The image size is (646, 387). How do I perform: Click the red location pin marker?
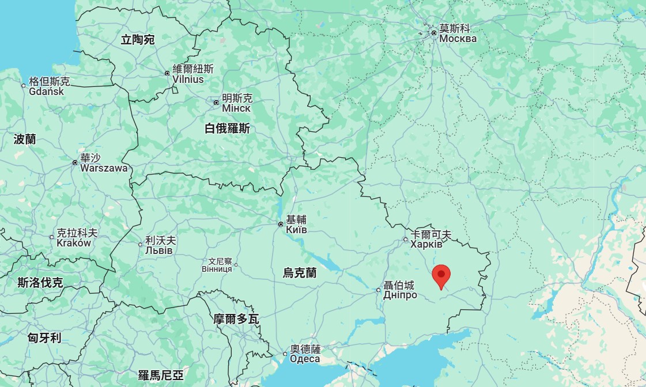441,275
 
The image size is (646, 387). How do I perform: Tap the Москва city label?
458,39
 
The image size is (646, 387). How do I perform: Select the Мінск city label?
236,108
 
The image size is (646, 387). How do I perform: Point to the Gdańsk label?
47,91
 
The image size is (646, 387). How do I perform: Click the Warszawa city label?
104,168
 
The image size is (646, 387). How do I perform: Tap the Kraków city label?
74,243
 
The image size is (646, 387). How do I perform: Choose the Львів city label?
158,251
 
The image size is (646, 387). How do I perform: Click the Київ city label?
296,230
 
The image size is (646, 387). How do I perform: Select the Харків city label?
426,244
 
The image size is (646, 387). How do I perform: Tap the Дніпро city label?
400,295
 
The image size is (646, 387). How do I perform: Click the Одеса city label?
305,359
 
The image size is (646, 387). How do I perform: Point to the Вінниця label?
217,269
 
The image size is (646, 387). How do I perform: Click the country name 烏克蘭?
300,272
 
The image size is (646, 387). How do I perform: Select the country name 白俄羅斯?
227,128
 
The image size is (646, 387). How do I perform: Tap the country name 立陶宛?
138,40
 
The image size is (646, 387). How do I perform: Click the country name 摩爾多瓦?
236,318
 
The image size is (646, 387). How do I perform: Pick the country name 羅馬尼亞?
161,375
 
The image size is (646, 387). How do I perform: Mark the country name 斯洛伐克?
40,282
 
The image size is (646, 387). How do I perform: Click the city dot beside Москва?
434,33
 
